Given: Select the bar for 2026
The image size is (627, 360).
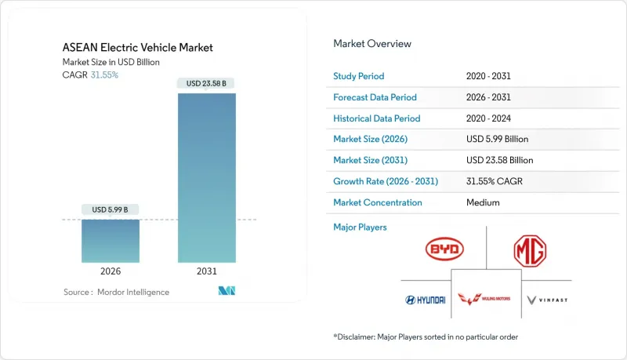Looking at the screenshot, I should [110, 241].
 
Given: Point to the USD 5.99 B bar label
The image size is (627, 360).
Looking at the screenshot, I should [110, 209].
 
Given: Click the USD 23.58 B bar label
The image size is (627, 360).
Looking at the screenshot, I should [207, 83].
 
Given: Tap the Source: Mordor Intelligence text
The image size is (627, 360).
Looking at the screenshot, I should [116, 292].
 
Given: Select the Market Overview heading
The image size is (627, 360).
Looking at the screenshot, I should [372, 43].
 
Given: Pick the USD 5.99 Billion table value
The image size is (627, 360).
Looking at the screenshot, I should [497, 139].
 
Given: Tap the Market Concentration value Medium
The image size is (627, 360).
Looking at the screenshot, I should [482, 202].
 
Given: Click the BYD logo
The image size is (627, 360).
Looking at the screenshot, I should [444, 249].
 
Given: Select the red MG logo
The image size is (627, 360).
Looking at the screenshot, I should [530, 251].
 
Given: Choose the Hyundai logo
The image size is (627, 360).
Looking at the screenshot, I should [425, 300].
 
